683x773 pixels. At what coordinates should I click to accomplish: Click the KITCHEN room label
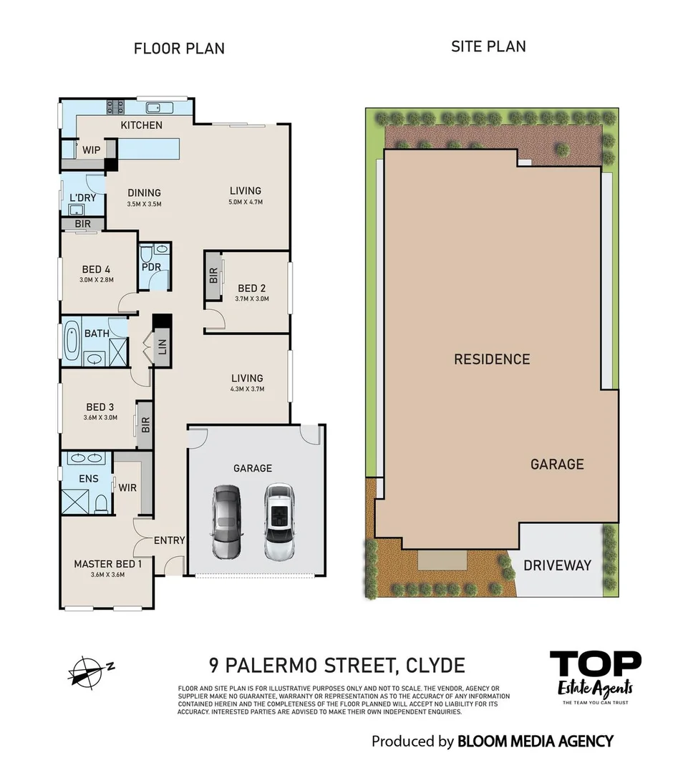(141, 125)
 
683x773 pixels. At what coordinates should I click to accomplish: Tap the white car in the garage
(278, 522)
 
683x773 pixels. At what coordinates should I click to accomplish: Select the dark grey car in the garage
(226, 522)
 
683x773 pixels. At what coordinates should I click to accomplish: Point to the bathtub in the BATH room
(72, 342)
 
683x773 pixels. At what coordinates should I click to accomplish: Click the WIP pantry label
(91, 150)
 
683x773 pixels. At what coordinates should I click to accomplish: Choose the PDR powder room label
(151, 268)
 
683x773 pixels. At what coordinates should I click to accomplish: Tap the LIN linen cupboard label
(162, 347)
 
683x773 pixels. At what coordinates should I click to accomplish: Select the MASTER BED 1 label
(108, 564)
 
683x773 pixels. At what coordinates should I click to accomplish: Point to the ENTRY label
(170, 540)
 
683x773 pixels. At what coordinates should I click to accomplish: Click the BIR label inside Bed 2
(213, 276)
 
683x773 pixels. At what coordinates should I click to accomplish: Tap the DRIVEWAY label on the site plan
(557, 565)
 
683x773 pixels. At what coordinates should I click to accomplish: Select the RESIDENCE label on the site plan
(492, 359)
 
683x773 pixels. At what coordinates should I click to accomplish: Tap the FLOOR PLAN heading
(179, 49)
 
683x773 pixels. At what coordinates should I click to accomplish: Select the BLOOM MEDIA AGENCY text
(535, 742)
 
